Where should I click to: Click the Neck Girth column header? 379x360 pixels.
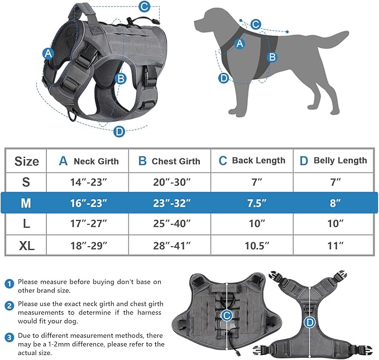click(x=89, y=161)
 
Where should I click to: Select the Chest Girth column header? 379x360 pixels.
click(x=170, y=161)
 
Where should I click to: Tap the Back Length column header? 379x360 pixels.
click(x=251, y=161)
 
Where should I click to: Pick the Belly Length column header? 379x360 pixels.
click(x=333, y=161)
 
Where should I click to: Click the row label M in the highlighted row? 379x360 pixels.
click(x=26, y=203)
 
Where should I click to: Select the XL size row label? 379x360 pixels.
click(x=26, y=245)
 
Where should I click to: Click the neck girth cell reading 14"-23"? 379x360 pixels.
click(x=88, y=182)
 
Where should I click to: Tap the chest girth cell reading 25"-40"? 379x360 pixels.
click(x=170, y=224)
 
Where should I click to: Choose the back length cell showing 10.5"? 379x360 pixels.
click(x=251, y=245)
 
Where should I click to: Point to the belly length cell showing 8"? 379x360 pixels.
click(x=333, y=203)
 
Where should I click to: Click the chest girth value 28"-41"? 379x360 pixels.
click(x=170, y=245)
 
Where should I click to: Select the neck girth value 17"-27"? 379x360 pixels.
click(x=88, y=224)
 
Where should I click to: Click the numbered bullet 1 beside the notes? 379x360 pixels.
click(x=9, y=283)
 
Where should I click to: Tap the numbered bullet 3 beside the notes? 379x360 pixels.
click(x=9, y=337)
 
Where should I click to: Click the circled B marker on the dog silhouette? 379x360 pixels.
click(x=272, y=56)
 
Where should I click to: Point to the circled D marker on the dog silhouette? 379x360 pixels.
click(x=224, y=78)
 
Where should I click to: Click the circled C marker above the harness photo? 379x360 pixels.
click(x=145, y=7)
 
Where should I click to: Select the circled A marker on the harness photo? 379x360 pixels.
click(x=49, y=54)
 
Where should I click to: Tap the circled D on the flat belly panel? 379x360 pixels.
click(x=310, y=322)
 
